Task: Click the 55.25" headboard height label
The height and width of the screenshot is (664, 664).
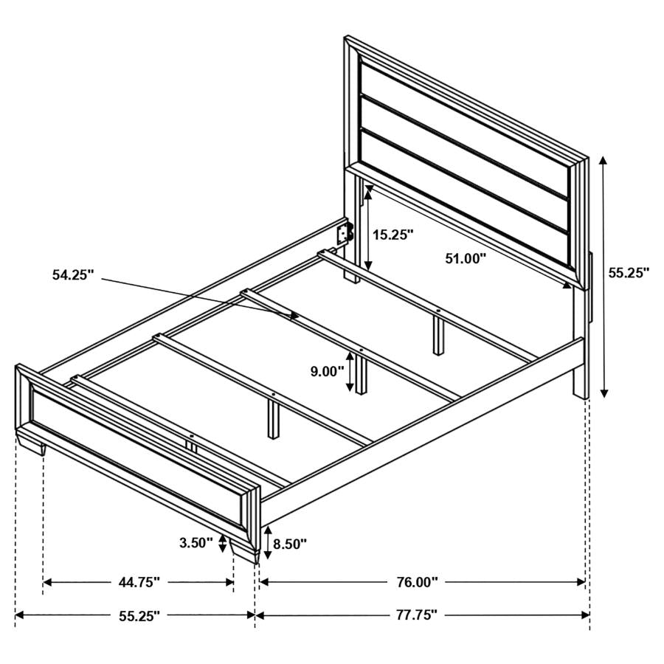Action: [x=629, y=272]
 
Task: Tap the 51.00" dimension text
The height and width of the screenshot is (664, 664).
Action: [x=466, y=258]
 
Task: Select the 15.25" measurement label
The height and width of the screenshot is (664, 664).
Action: [x=392, y=235]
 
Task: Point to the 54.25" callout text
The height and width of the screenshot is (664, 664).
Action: [x=74, y=275]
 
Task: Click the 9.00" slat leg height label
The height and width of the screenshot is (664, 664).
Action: [x=324, y=372]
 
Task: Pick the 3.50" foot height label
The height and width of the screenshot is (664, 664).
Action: [x=196, y=544]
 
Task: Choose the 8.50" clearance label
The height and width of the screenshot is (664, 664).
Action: [x=290, y=544]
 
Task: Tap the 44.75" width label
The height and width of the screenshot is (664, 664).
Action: [x=139, y=582]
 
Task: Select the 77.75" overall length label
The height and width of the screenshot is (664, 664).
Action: [x=412, y=614]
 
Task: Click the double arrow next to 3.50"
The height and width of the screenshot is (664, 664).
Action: [x=221, y=544]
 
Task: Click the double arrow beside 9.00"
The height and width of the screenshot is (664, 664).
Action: [x=351, y=371]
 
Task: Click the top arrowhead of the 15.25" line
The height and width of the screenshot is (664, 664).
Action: [x=367, y=190]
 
